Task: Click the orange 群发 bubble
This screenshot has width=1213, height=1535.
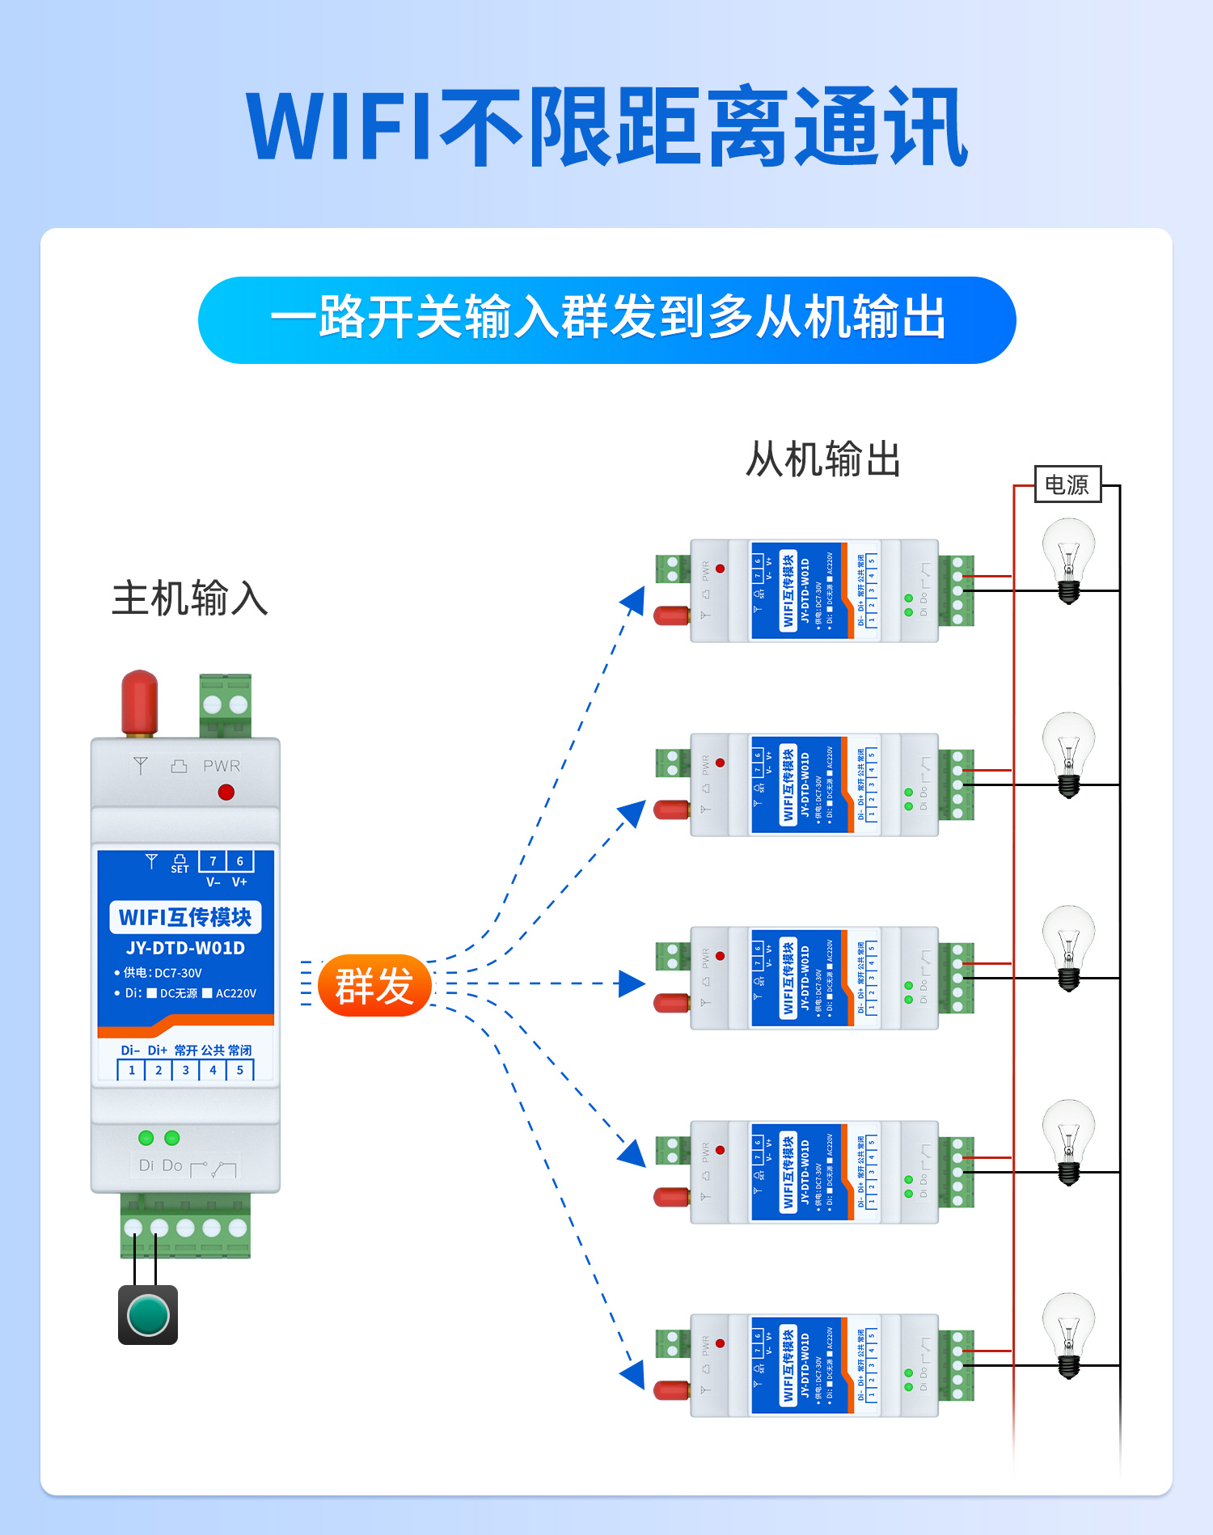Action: pos(374,985)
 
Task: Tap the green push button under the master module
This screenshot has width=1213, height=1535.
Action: pos(148,1314)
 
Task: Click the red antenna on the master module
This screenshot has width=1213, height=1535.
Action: pos(139,702)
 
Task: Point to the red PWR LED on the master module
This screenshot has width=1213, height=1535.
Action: pos(226,792)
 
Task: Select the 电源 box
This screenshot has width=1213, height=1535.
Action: pos(1067,484)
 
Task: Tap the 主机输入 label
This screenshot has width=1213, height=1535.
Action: pos(189,599)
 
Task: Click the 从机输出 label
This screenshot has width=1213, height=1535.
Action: pos(822,459)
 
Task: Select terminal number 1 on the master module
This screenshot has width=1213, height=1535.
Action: pos(132,1070)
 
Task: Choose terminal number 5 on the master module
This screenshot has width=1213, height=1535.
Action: pos(240,1070)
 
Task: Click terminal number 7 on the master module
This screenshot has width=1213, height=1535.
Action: pos(213,861)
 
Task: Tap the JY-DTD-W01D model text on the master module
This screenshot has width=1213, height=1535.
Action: pos(185,948)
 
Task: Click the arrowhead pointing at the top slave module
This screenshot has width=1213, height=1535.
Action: pos(633,601)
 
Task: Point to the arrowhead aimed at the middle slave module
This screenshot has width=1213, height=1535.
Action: pos(632,983)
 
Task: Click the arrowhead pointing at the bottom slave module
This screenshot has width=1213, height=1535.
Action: pos(633,1373)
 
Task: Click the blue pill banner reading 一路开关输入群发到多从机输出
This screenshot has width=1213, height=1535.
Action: pos(606,319)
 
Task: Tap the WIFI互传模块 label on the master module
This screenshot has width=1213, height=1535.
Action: pos(185,917)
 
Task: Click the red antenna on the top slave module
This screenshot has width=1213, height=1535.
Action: pos(671,615)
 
